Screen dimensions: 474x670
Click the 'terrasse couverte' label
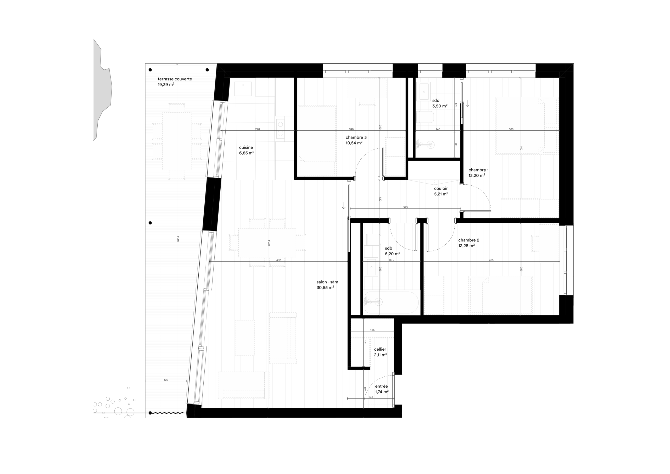tap(175, 79)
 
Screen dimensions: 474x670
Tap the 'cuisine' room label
tap(246, 147)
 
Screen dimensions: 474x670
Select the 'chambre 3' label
tap(356, 137)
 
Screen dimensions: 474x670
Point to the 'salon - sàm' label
tap(327, 282)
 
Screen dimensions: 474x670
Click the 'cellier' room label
tap(380, 349)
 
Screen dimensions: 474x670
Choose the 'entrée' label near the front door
tap(381, 386)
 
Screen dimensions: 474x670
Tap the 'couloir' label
tap(441, 188)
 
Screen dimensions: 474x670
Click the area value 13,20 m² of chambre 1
tap(477, 175)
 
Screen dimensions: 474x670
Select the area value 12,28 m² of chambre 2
tap(466, 246)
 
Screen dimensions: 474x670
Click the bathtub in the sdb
tap(391, 302)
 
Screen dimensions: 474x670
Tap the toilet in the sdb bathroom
tap(372, 240)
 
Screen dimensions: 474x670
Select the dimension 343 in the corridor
tap(405, 207)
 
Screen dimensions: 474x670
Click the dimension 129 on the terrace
tap(166, 380)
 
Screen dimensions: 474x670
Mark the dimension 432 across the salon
tap(278, 260)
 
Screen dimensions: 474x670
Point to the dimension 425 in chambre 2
tap(491, 260)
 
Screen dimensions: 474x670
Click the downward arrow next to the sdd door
tap(467, 103)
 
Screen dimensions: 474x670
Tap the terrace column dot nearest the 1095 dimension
tap(150, 223)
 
